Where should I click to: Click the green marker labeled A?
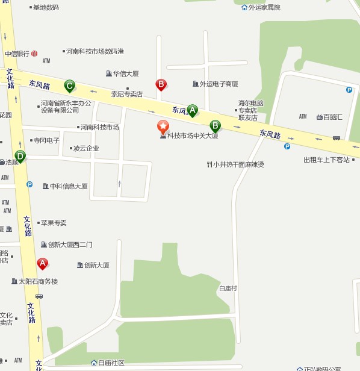192,110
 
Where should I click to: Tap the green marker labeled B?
215,125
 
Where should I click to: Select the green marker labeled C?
70,86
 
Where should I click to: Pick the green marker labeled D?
20,156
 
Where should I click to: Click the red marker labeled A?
42,263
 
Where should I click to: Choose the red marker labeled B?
161,84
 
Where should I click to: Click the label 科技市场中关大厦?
192,136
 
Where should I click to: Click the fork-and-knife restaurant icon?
209,164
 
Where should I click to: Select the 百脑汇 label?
332,117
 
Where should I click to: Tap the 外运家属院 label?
264,7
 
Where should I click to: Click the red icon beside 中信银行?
34,54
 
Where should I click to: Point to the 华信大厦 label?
126,73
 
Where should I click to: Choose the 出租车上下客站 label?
326,160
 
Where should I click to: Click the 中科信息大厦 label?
69,186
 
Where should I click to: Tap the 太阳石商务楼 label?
38,281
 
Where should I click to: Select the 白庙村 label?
228,288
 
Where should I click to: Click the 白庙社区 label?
111,363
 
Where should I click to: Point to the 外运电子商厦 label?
219,84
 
